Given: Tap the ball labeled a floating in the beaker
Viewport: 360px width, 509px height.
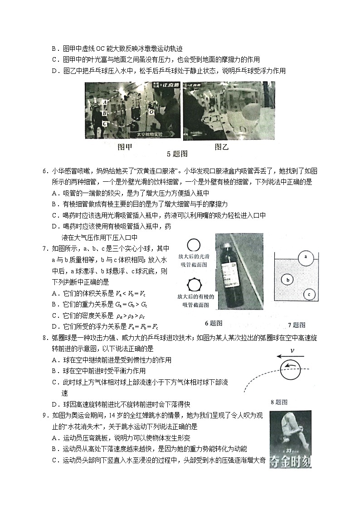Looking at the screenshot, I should point(306,257).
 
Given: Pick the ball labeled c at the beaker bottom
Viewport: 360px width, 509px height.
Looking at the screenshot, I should point(308,294).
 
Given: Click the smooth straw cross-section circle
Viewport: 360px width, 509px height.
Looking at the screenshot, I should point(194,245).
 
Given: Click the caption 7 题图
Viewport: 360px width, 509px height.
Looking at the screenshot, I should point(297,325).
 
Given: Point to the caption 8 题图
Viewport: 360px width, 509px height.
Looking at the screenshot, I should point(279,402).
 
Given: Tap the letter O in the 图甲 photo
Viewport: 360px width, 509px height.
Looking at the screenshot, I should point(151,111).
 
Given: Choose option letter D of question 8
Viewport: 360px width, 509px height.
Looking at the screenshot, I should point(54,404).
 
